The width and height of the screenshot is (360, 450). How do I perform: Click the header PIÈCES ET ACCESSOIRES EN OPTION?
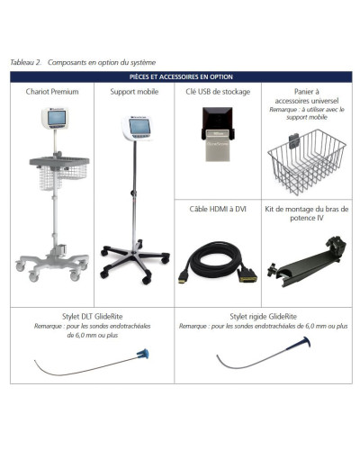point(180,77)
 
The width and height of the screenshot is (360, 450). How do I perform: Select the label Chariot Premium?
point(50,91)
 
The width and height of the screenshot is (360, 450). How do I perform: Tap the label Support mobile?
point(133,91)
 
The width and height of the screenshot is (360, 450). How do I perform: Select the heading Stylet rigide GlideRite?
point(266,318)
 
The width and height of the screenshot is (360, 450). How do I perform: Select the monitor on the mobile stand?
point(135,131)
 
